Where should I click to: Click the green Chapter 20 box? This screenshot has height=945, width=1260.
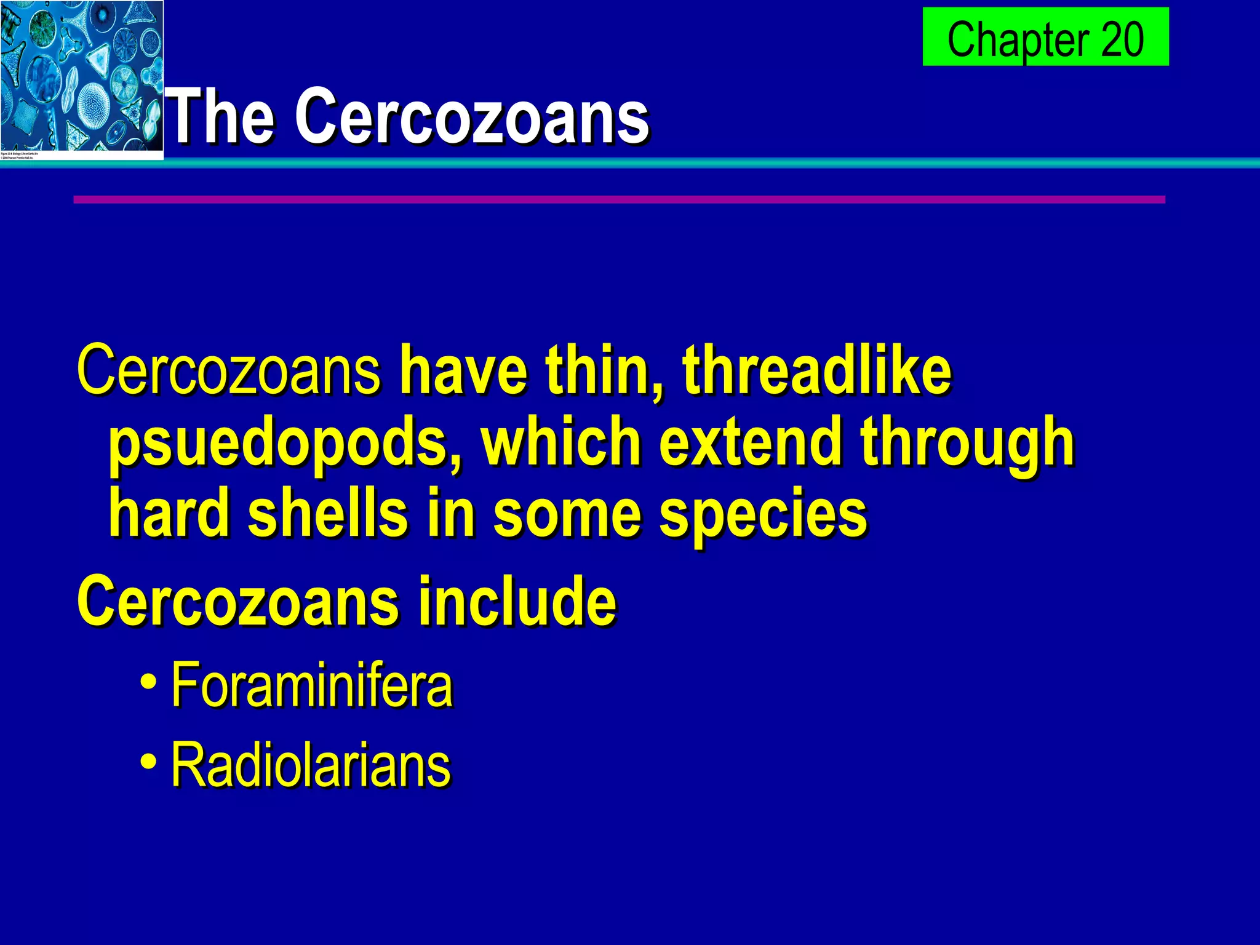pos(1045,37)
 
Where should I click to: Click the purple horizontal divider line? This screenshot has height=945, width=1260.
pos(619,199)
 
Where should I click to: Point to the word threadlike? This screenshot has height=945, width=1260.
pos(817,370)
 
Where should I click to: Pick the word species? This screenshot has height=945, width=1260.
pos(763,514)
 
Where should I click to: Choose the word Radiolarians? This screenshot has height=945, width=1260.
pos(311,765)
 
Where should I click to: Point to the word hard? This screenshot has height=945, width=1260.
pos(170,513)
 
